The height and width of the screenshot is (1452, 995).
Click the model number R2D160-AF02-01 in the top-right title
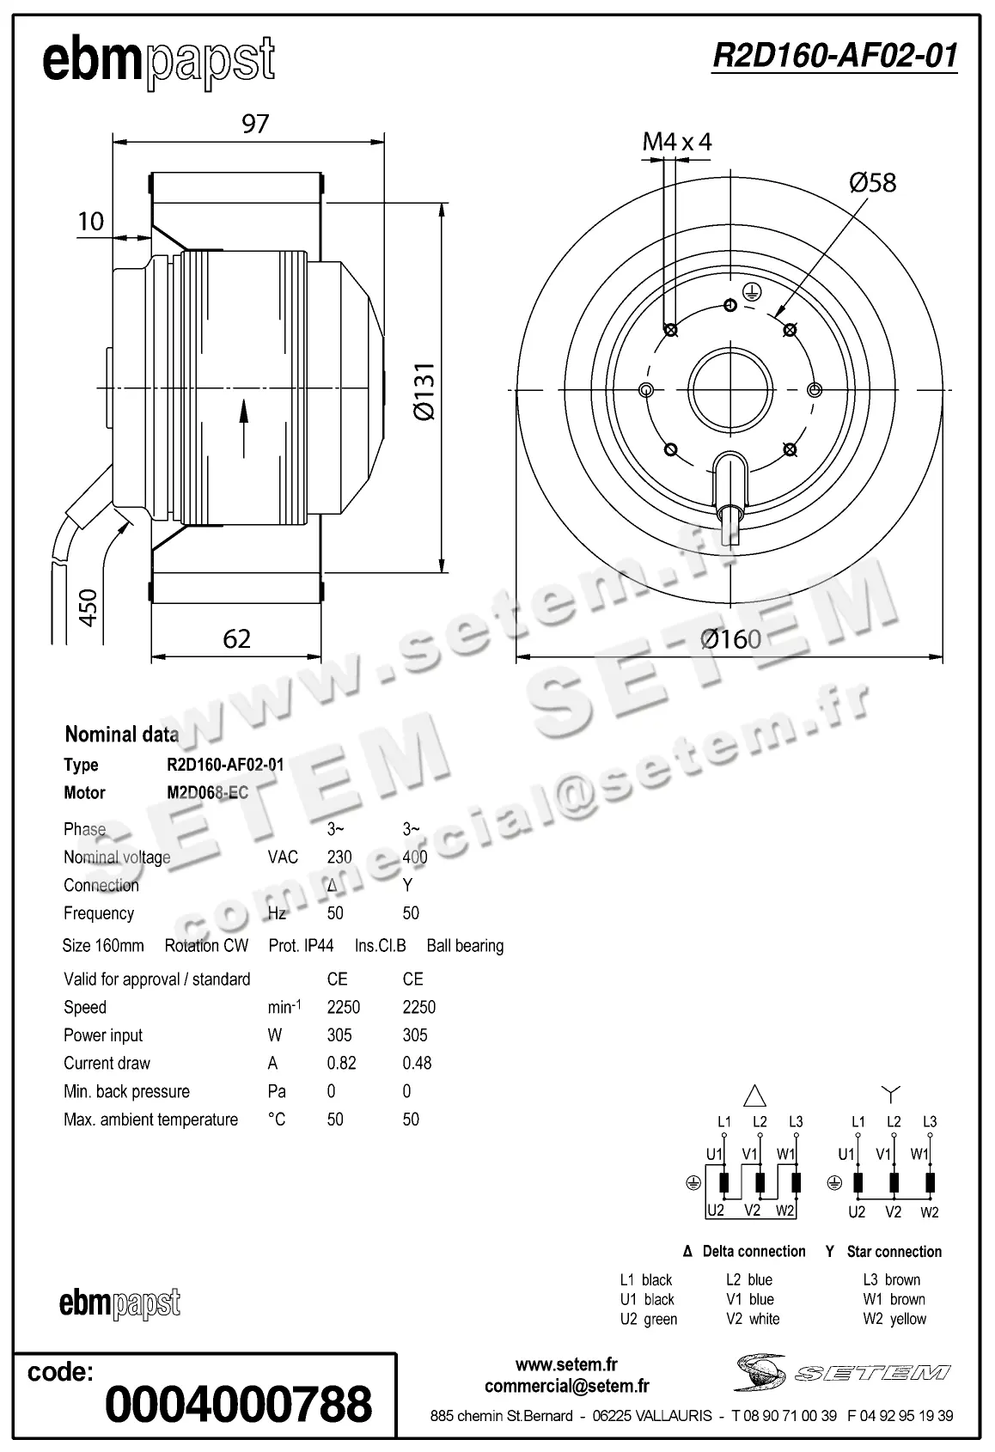point(834,56)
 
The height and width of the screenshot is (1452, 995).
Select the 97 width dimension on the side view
point(255,124)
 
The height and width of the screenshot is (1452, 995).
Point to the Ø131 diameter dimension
point(424,391)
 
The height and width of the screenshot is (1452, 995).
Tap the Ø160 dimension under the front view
point(730,639)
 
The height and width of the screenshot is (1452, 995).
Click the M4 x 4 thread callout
point(677,142)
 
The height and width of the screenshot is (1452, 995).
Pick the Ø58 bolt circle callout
point(872,182)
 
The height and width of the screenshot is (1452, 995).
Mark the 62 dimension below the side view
point(236,638)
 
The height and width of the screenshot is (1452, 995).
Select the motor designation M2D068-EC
point(207,792)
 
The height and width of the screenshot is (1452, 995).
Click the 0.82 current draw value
point(341,1063)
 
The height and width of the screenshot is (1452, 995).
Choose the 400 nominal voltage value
point(414,857)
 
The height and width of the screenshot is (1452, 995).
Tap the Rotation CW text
point(206,945)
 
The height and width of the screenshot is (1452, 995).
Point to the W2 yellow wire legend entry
point(894,1319)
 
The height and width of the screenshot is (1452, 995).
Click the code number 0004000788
point(238,1403)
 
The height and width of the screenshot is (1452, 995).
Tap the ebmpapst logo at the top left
point(159,61)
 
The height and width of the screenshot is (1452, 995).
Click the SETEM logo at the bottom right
point(842,1372)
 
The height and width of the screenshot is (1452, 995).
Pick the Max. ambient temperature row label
point(150,1120)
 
